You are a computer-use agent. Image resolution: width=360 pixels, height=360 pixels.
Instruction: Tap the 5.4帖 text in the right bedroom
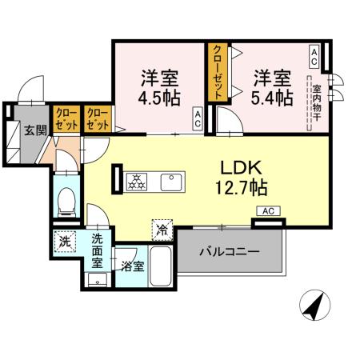pyautogui.click(x=273, y=98)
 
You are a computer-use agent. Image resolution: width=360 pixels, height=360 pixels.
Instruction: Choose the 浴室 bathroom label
pyautogui.click(x=133, y=266)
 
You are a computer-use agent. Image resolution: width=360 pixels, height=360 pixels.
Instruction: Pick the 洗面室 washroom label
pyautogui.click(x=97, y=250)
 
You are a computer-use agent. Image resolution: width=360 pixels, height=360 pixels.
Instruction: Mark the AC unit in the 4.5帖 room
pyautogui.click(x=197, y=120)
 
